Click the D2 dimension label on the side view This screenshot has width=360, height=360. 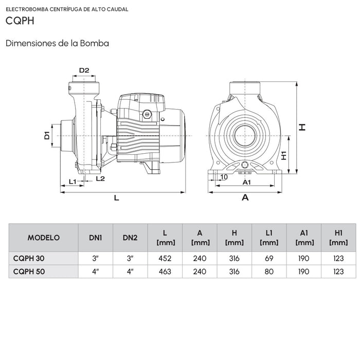pos(84,70)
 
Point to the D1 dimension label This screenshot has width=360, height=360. pos(46,136)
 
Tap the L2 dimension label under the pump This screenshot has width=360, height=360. pos(100,178)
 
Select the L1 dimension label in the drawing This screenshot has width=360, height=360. pos(73,182)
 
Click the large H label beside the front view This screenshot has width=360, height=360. pos(303,127)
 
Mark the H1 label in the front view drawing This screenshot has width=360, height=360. pos(283,155)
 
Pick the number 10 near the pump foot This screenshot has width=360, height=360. pos(223,177)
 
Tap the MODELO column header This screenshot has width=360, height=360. pos(43,238)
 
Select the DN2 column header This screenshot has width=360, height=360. pos(130,238)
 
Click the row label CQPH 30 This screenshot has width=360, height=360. pos(29,258)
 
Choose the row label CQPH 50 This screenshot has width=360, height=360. pos(29,272)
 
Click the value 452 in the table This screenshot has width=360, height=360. pos(165,258)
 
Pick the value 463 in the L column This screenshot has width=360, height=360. pos(165,272)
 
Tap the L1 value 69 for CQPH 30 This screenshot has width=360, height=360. pos(269,258)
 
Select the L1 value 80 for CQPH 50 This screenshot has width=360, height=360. pos(269,272)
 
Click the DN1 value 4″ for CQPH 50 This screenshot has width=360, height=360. pos(95,272)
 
